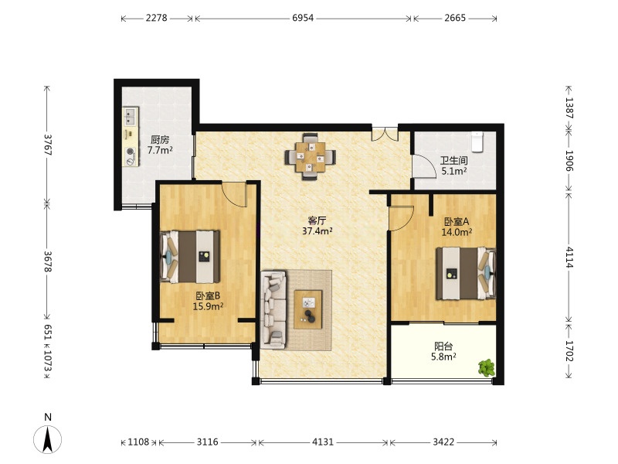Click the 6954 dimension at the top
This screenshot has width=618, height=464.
[303, 18]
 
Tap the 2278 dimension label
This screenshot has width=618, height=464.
[157, 18]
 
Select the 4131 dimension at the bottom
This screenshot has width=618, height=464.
[323, 442]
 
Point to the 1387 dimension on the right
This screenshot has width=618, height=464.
[569, 107]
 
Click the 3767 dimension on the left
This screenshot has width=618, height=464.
[48, 145]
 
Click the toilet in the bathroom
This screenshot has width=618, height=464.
[477, 142]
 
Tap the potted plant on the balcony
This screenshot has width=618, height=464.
[487, 368]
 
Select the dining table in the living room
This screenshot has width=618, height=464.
[311, 157]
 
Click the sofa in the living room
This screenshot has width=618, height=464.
[273, 310]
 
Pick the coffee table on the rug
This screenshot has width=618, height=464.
[308, 309]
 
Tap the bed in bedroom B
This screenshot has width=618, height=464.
[190, 257]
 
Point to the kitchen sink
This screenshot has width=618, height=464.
[130, 117]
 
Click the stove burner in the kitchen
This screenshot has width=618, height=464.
[131, 152]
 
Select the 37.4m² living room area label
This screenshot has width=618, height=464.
[317, 231]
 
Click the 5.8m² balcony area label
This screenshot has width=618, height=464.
[443, 357]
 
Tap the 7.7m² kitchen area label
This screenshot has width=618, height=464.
[160, 150]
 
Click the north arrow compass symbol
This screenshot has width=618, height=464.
[48, 439]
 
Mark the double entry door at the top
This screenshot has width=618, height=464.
[385, 134]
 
